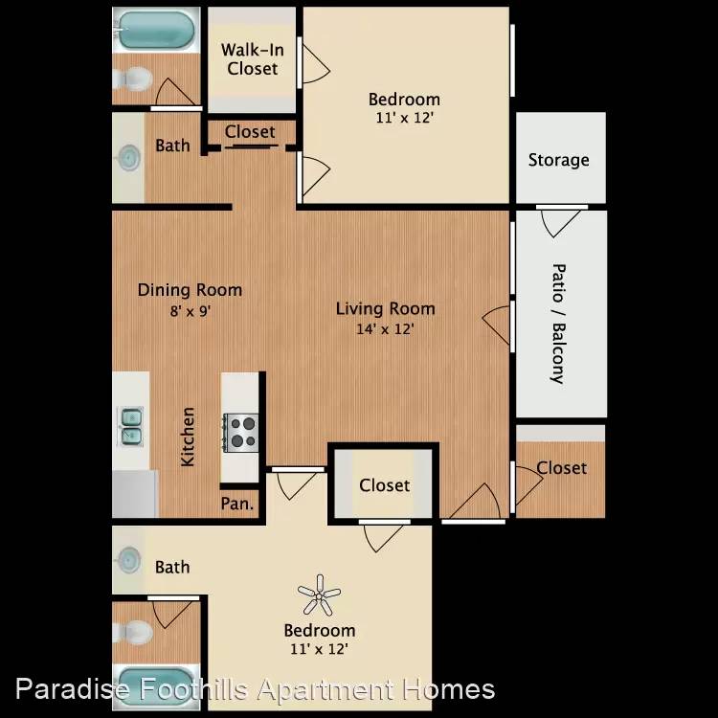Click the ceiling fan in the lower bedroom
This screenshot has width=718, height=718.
[319, 595]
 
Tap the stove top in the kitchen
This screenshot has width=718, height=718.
[241, 433]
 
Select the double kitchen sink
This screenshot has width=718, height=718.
[130, 427]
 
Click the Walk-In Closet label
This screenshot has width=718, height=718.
[253, 59]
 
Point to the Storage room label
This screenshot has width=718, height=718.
[559, 160]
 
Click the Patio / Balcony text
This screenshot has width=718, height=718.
[558, 324]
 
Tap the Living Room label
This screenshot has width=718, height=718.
[386, 308]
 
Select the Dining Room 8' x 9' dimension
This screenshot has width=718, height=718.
[191, 311]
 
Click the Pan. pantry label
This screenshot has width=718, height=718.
[236, 504]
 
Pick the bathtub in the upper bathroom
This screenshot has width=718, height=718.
[156, 30]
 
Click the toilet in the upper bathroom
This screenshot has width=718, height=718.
[132, 79]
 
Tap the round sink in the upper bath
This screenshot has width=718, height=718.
[129, 158]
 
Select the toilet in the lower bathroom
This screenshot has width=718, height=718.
[132, 633]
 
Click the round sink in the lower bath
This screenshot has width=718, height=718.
[129, 560]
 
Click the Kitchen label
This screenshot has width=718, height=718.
[188, 437]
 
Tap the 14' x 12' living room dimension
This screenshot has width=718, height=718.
[385, 328]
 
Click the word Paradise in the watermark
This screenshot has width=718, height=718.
[73, 690]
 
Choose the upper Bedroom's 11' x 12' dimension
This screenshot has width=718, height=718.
[404, 118]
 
